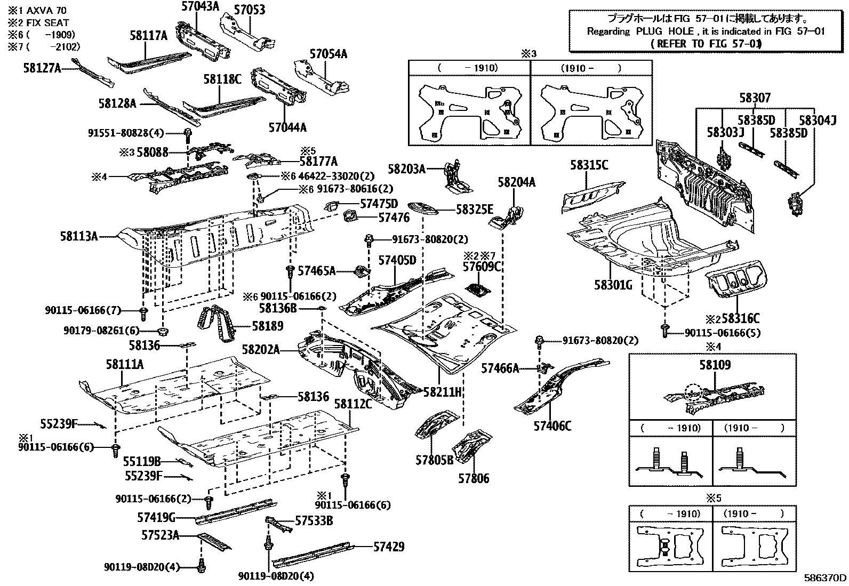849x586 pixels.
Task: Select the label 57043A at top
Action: coord(201,6)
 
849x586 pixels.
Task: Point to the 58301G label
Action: coord(613,285)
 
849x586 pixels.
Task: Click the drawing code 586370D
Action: coord(825,577)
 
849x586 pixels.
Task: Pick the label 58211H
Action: coord(442,392)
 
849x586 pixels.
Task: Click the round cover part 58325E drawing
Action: coord(423,207)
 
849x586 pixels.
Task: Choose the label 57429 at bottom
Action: coord(388,547)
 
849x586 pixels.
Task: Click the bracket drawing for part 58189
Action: coord(218,325)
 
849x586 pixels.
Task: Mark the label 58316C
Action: coord(740,319)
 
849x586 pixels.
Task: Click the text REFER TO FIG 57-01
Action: coord(705,44)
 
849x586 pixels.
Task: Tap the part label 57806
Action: coord(473,478)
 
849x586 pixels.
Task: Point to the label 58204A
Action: coord(516,182)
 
